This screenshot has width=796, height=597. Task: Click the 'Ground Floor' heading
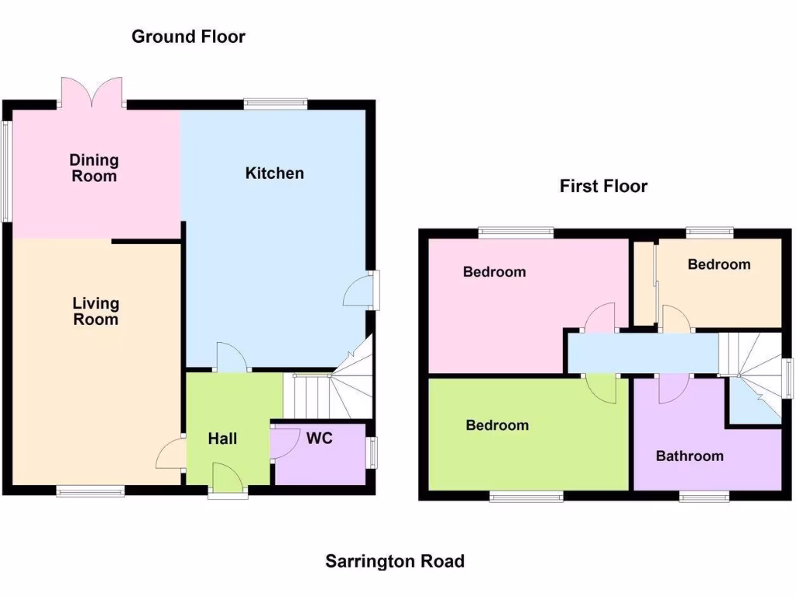point(188,37)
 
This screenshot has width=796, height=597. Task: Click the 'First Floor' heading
point(603,186)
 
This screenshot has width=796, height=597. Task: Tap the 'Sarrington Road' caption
point(395,560)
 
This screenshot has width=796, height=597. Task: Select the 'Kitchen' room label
point(274,173)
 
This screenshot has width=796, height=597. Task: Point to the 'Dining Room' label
point(94,168)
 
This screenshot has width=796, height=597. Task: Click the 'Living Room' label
point(96,311)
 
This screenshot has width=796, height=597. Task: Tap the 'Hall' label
point(222,438)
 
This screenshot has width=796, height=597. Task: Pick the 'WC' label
point(319,438)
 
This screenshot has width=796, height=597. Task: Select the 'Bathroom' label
point(690,456)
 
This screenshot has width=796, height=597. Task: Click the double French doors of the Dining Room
point(92,92)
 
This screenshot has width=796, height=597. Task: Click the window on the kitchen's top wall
point(275,103)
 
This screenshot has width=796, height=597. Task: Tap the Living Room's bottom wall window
point(89,491)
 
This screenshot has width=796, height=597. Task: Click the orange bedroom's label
point(719,264)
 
